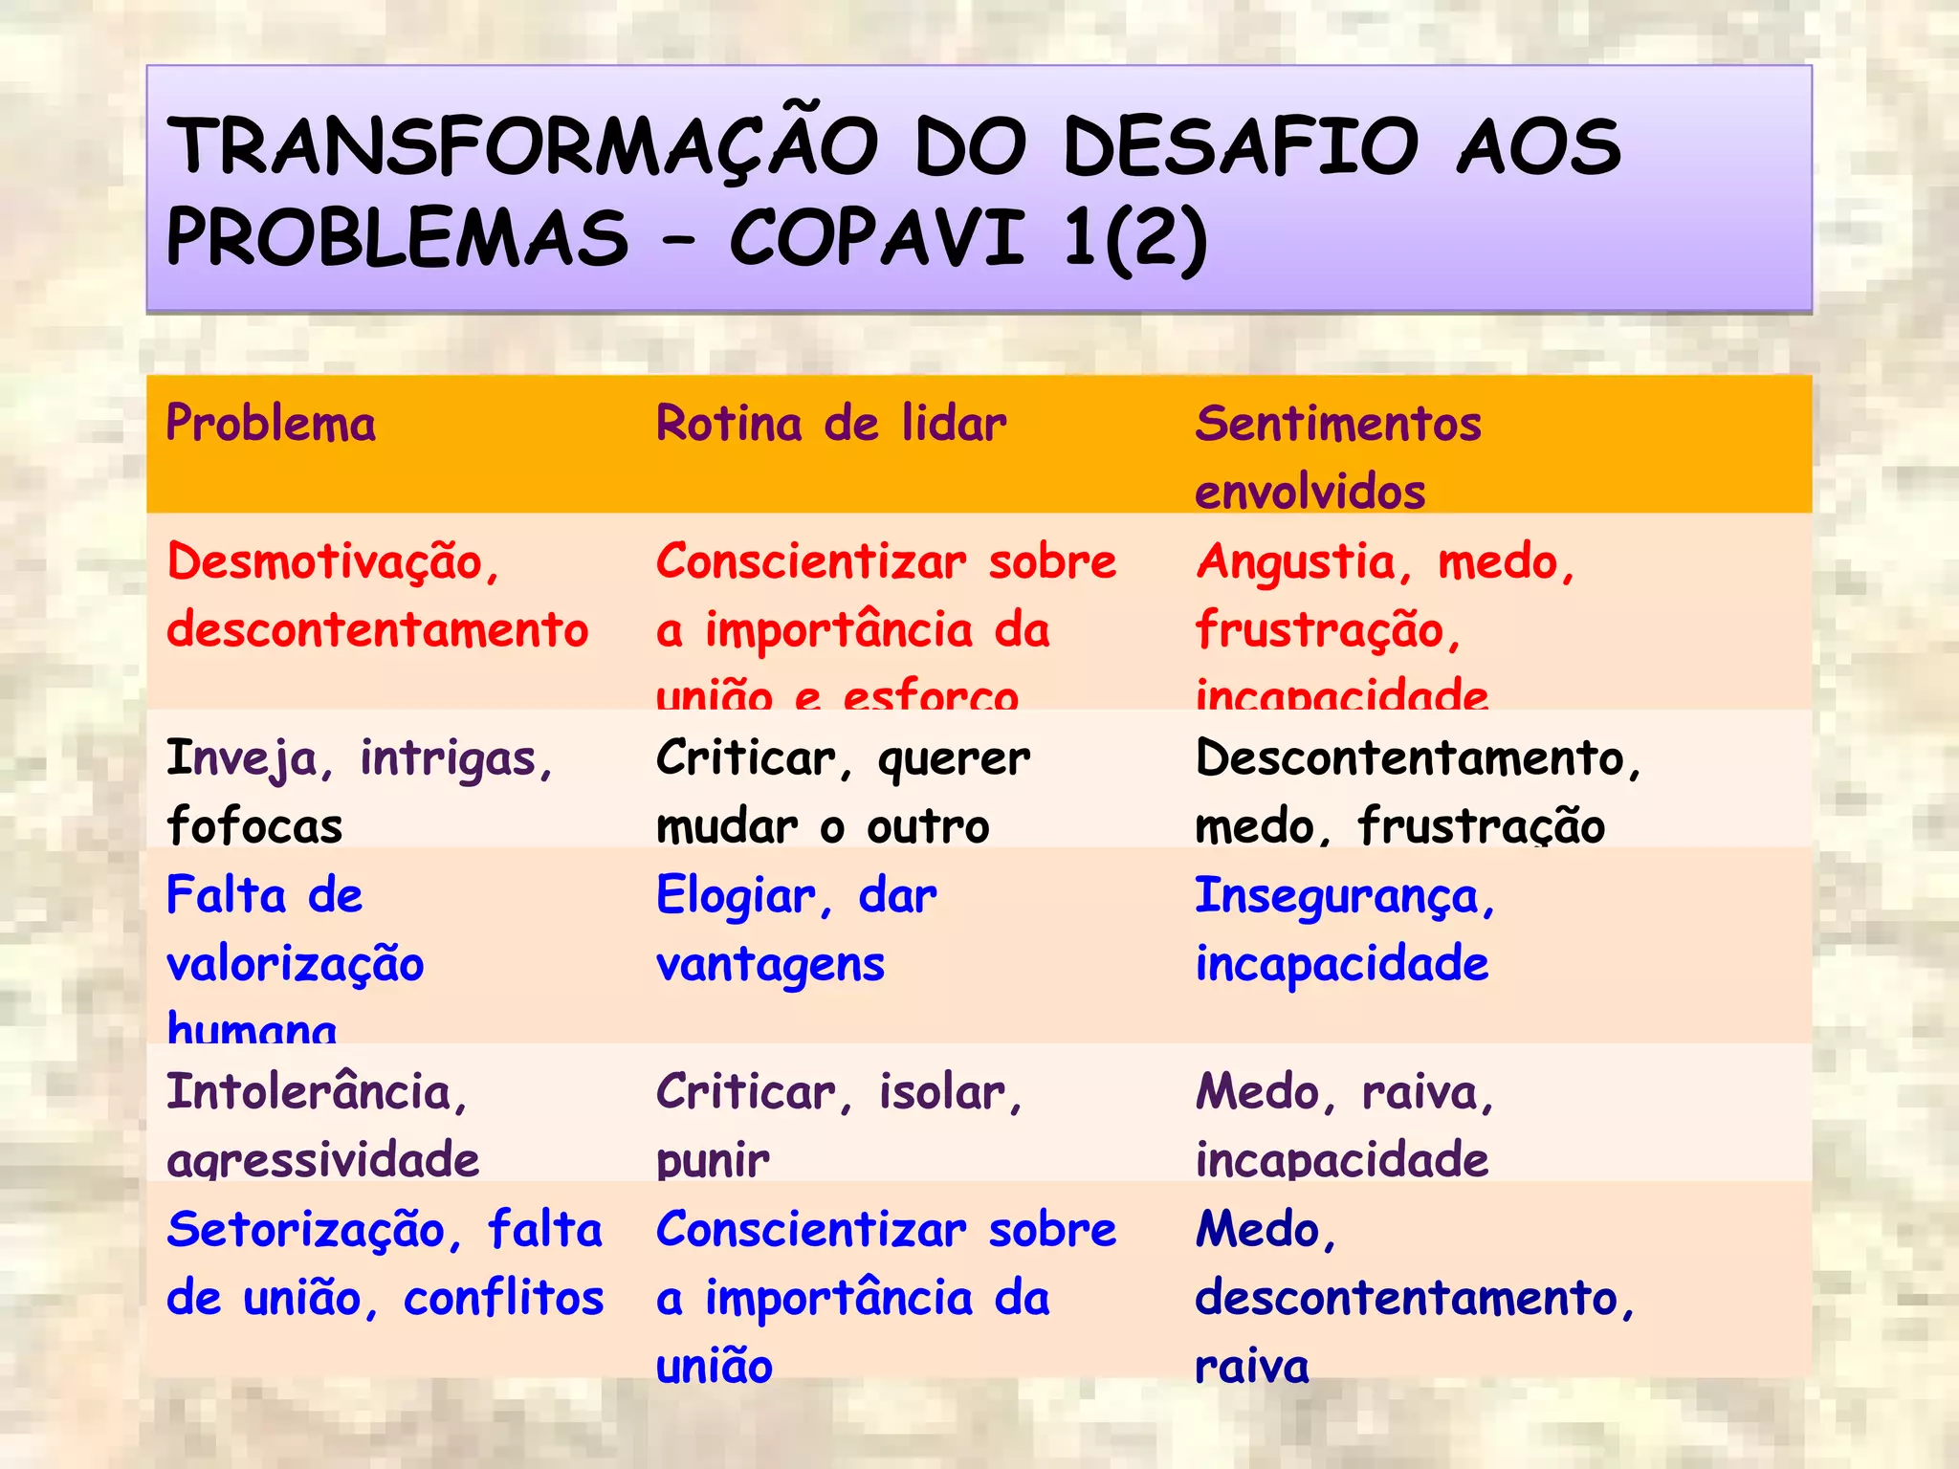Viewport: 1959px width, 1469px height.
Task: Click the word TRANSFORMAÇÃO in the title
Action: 522,146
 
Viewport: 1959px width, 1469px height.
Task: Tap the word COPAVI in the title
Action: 876,238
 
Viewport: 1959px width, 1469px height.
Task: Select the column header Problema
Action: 271,424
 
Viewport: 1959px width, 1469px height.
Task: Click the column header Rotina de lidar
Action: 830,424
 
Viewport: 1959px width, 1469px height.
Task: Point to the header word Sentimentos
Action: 1337,424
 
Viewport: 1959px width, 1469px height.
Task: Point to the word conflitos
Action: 503,1299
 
